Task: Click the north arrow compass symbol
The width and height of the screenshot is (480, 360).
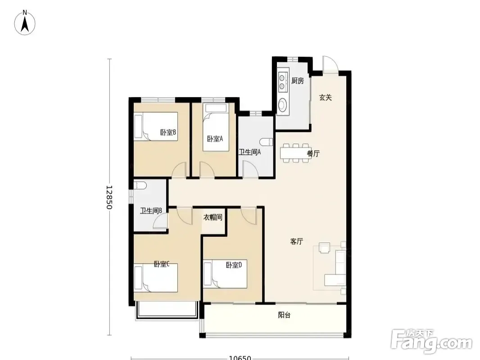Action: click(x=25, y=22)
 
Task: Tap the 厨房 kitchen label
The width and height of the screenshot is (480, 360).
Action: click(x=298, y=81)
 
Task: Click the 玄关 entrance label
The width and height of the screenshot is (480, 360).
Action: click(x=326, y=98)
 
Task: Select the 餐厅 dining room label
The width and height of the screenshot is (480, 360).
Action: click(x=313, y=153)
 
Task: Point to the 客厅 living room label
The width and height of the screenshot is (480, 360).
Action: click(x=297, y=241)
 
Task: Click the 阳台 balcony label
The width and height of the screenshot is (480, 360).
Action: click(x=285, y=315)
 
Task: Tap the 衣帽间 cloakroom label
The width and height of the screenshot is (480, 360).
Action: click(x=213, y=217)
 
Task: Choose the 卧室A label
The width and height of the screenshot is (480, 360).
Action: click(x=215, y=139)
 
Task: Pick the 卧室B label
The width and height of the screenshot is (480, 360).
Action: click(x=168, y=132)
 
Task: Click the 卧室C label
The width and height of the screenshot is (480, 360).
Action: click(x=162, y=264)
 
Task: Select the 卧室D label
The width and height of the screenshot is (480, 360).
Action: click(x=234, y=265)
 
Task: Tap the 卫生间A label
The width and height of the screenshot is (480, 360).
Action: click(x=250, y=152)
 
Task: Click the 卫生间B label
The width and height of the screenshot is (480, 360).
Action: click(x=151, y=211)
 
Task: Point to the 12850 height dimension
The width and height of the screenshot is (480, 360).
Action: click(x=109, y=197)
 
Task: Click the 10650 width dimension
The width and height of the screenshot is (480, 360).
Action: click(x=240, y=358)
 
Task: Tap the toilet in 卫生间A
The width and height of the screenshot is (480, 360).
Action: click(x=266, y=142)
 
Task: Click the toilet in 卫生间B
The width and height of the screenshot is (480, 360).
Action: click(x=140, y=185)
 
